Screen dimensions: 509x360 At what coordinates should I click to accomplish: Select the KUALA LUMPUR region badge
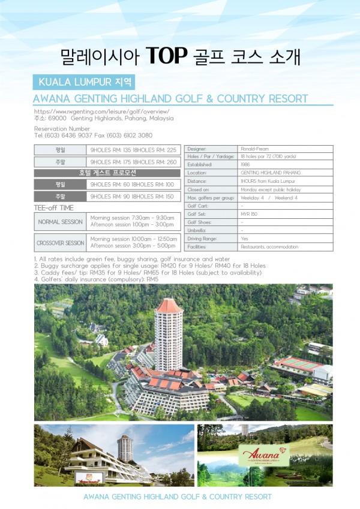(83, 81)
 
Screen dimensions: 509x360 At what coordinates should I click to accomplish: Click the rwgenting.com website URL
(102, 112)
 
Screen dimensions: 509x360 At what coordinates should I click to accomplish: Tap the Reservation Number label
(62, 129)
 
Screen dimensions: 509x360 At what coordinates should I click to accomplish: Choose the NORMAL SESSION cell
(60, 221)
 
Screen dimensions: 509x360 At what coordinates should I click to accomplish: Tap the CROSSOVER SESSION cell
(60, 243)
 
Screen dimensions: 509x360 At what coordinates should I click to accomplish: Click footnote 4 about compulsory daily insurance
(96, 279)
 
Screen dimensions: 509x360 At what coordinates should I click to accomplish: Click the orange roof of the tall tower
(169, 306)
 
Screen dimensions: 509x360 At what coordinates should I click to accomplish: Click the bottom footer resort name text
(177, 497)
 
